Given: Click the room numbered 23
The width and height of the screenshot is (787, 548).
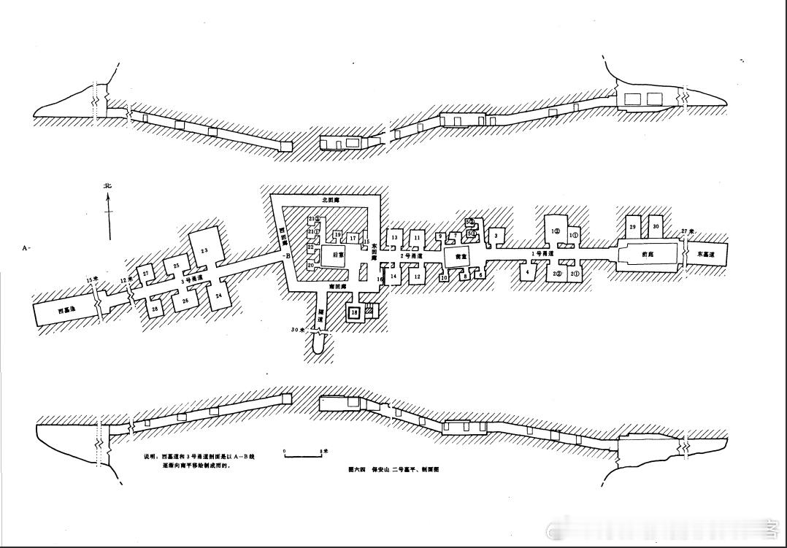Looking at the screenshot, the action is tap(204, 250).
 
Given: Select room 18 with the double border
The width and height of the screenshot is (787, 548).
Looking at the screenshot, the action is tap(354, 312).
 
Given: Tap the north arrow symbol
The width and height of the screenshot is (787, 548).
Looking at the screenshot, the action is tap(108, 212).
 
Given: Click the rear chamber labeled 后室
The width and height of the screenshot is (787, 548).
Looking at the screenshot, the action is tap(337, 255).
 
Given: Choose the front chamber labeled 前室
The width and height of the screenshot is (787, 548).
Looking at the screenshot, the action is tap(460, 257).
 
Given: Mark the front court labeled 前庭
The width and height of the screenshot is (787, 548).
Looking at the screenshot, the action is tap(645, 255).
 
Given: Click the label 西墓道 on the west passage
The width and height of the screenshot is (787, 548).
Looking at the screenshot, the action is tap(66, 310).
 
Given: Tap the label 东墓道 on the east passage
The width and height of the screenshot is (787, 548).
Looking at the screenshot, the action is tap(705, 255).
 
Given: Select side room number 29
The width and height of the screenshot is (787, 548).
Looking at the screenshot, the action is tap(632, 227).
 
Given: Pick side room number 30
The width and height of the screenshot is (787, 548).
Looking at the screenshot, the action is tap(656, 227).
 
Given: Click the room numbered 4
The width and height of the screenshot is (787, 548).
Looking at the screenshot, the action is tap(526, 272).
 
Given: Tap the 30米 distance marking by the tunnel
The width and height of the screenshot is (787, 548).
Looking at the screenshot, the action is tap(297, 330).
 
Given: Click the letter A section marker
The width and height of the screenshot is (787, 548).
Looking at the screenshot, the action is tap(26, 248).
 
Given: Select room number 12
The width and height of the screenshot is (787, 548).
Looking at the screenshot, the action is tap(417, 276).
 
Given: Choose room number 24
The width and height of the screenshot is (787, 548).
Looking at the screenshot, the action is tap(218, 296).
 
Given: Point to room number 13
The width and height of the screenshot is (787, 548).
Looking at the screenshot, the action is tap(394, 237).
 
